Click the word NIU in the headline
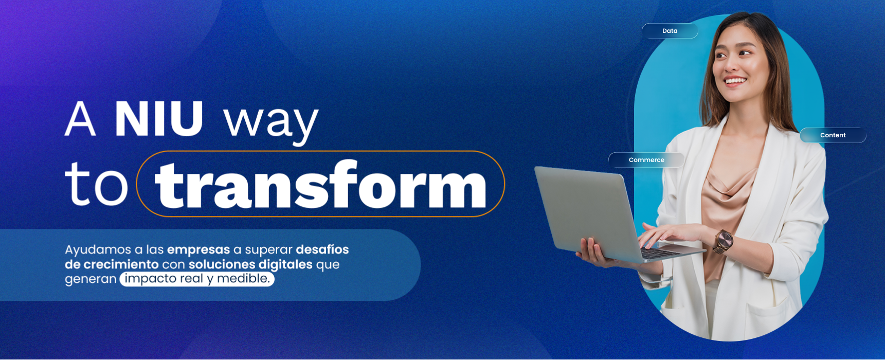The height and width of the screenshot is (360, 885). [x=159, y=119]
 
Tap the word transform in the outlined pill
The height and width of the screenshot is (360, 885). [x=320, y=185]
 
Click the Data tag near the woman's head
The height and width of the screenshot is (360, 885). [x=670, y=31]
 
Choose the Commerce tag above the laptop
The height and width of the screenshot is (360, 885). [x=646, y=160]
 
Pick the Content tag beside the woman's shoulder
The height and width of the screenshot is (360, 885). [x=833, y=135]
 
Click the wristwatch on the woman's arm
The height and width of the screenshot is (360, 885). [x=723, y=240]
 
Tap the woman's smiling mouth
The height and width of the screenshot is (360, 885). [x=735, y=81]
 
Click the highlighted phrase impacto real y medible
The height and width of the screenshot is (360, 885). [x=197, y=279]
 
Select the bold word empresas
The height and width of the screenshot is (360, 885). [x=198, y=250]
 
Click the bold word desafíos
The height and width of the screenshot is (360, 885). [x=322, y=249]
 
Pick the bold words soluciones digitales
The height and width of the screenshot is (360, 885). [x=250, y=264]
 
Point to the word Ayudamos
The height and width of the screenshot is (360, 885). [x=98, y=250]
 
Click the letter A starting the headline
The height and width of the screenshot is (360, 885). [x=80, y=119]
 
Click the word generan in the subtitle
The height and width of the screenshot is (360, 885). [x=91, y=279]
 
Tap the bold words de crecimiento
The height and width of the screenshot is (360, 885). [x=112, y=264]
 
